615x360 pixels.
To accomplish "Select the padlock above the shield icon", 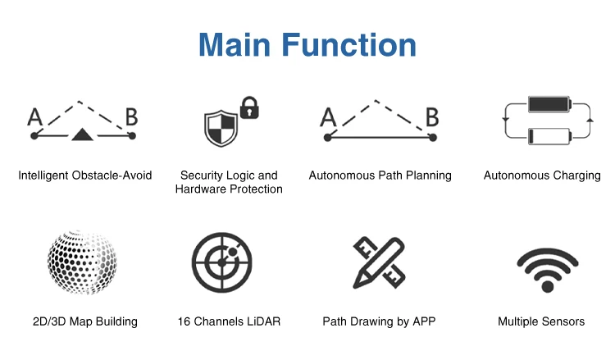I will [x=248, y=107].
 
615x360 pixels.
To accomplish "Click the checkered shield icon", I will [x=220, y=128].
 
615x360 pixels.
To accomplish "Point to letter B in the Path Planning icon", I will [x=431, y=116].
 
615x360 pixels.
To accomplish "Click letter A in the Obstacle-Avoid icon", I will [x=34, y=116].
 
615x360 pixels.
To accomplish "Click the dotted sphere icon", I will [x=82, y=262].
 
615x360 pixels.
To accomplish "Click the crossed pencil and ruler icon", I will [x=378, y=262].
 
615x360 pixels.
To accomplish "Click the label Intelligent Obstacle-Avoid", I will [x=84, y=175].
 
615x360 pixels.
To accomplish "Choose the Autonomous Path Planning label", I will [x=380, y=175].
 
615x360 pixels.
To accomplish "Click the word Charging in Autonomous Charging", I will [x=576, y=175].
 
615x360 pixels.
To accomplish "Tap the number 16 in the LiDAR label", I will [x=184, y=321].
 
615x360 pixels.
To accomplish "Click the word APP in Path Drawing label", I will [x=421, y=321].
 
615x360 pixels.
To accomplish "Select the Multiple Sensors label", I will [x=541, y=321].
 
